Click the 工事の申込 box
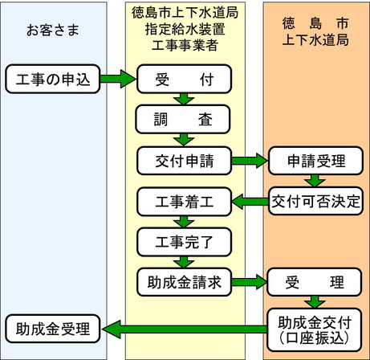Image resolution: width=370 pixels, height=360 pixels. tap(51, 79)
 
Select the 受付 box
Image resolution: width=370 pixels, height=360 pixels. tap(185, 79)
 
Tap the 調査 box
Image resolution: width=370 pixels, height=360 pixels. tap(185, 120)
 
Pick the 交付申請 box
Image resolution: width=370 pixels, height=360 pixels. tap(185, 160)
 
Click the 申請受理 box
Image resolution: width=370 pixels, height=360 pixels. tap(316, 160)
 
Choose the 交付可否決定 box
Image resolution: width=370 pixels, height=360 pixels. tap(316, 199)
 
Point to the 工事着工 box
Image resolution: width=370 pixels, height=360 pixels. tap(185, 199)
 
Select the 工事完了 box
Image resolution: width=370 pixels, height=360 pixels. tap(185, 239)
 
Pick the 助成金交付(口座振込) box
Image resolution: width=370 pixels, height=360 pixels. tap(316, 328)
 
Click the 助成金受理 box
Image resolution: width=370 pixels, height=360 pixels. tap(51, 328)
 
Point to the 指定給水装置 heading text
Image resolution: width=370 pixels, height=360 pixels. tap(185, 31)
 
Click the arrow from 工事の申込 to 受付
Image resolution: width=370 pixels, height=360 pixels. tap(118, 79)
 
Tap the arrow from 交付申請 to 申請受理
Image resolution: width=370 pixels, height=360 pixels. tap(250, 160)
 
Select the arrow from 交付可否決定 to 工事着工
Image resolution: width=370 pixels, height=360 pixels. tap(250, 199)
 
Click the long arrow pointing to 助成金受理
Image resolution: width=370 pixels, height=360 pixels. tap(184, 328)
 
